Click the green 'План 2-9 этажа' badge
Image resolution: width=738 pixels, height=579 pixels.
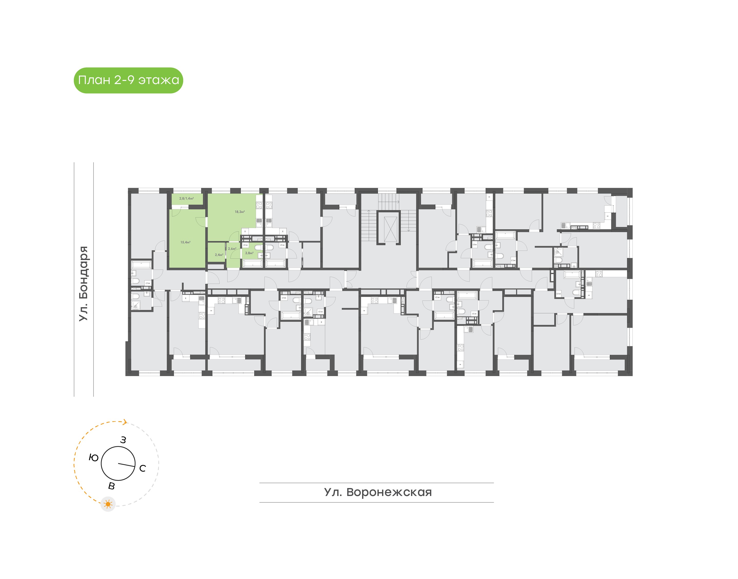click(128, 80)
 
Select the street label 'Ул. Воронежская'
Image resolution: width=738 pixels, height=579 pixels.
click(378, 492)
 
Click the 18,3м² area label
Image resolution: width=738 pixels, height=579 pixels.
click(239, 212)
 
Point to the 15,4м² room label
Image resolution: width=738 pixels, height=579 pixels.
click(185, 242)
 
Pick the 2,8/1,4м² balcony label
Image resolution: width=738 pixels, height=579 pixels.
click(187, 199)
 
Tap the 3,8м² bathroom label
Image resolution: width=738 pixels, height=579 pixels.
click(249, 253)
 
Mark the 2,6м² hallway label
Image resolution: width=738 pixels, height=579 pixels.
click(232, 249)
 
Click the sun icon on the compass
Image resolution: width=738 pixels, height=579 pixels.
click(108, 504)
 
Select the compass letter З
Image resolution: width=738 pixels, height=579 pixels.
click(123, 440)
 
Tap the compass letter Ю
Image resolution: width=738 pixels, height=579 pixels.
click(94, 458)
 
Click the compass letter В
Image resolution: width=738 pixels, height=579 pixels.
click(111, 486)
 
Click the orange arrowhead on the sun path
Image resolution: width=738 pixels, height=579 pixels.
click(125, 422)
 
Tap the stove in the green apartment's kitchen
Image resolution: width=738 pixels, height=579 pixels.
click(259, 205)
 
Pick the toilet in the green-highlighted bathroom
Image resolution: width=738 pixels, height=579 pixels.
click(258, 247)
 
